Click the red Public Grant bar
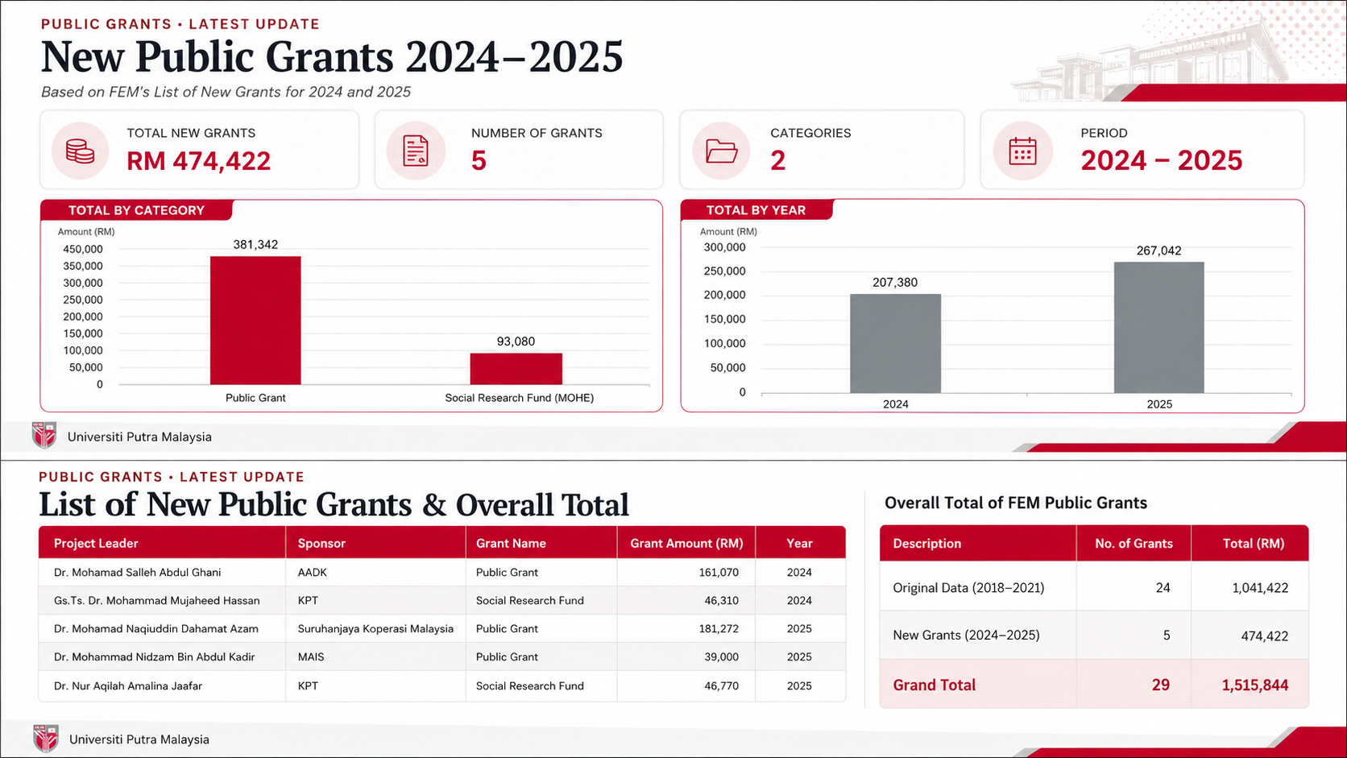tap(255, 321)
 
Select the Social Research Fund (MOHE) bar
tap(516, 368)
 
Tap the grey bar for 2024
tap(895, 344)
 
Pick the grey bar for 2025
tap(1159, 328)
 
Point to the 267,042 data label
tap(1158, 251)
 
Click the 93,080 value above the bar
tap(516, 342)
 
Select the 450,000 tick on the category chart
tap(83, 249)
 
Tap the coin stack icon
tap(80, 151)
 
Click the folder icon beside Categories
tap(721, 151)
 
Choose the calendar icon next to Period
tap(1022, 151)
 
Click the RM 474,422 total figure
tap(198, 160)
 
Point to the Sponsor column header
tap(321, 544)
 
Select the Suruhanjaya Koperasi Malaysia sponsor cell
tap(375, 629)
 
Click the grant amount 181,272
tap(719, 629)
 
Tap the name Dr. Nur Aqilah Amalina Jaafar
tap(128, 686)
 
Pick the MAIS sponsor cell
tap(311, 657)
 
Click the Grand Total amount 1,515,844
tap(1255, 686)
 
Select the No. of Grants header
tap(1134, 544)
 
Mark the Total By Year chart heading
tap(756, 210)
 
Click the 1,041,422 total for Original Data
tap(1261, 588)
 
